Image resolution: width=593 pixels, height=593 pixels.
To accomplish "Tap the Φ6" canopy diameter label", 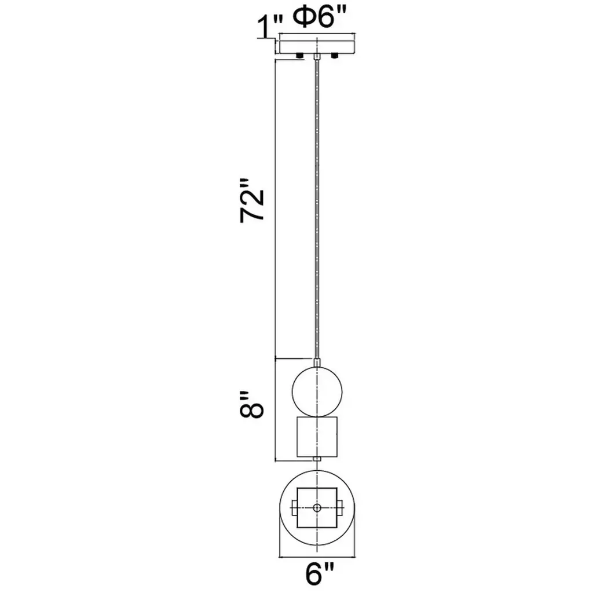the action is [320, 17].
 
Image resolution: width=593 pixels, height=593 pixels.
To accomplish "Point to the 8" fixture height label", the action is [251, 405].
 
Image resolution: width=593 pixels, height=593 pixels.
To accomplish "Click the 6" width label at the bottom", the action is [320, 573].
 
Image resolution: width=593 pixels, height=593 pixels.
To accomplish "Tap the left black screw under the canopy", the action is [300, 56].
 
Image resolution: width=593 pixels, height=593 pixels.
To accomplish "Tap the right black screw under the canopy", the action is [334, 56].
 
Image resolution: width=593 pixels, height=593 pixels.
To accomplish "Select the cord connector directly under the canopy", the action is [317, 57].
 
